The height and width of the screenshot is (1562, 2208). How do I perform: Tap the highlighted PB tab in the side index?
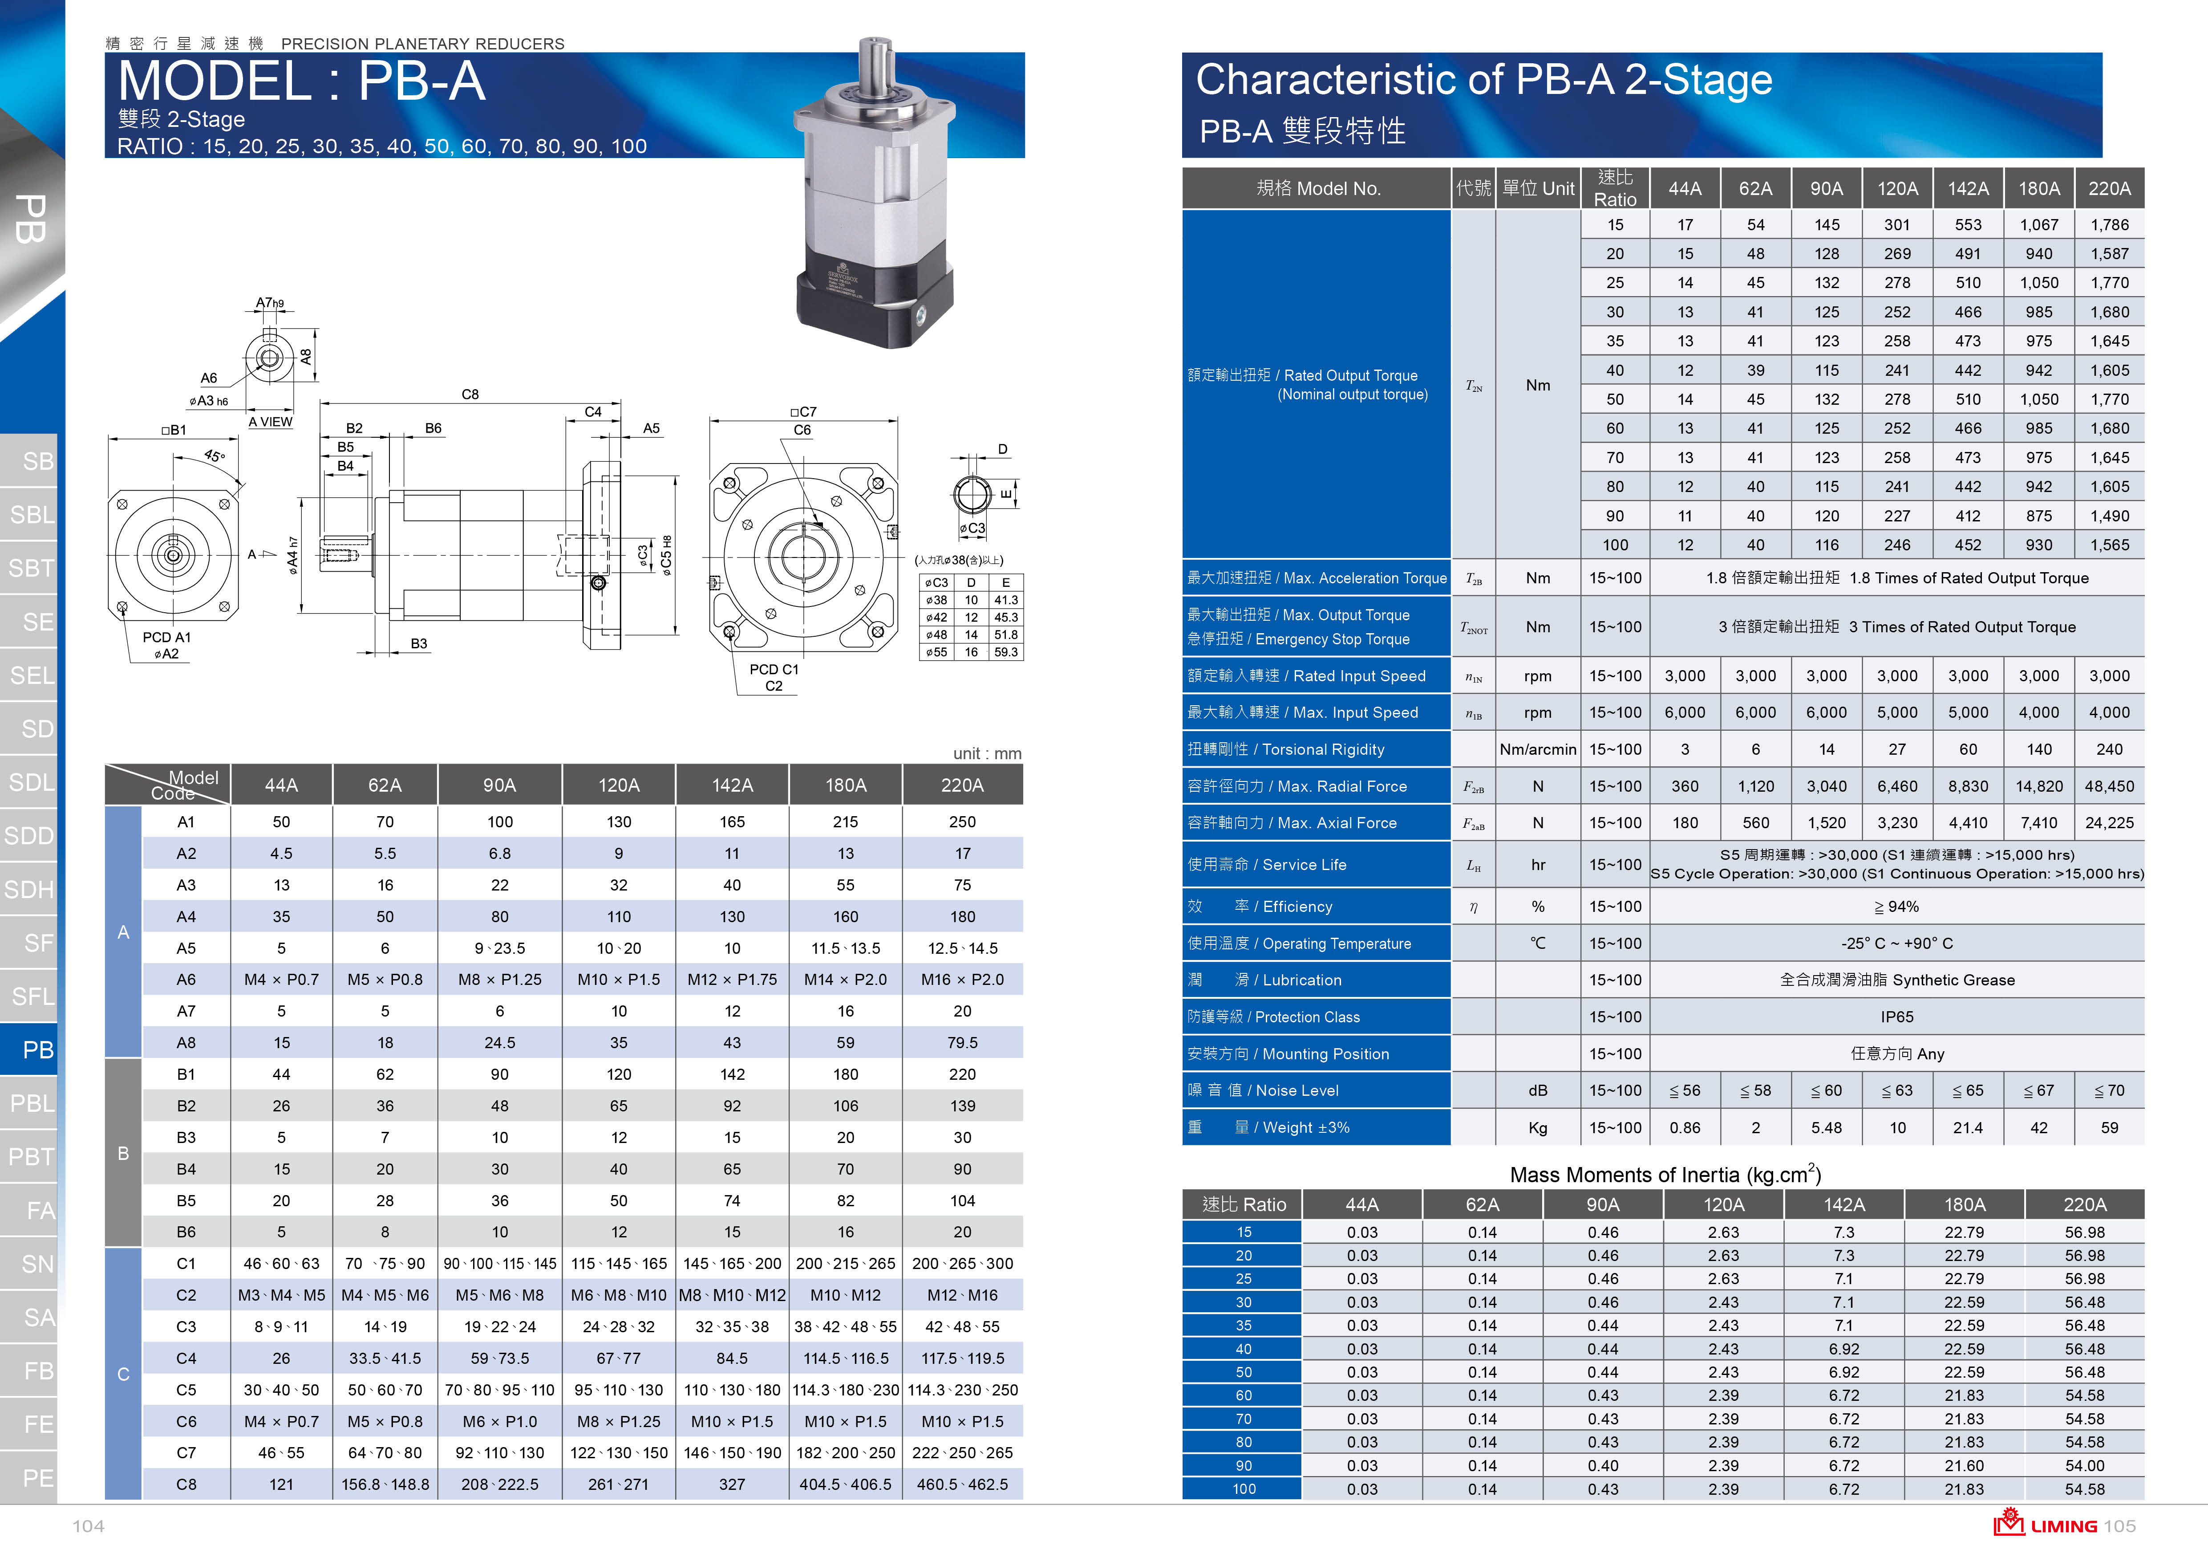(36, 1049)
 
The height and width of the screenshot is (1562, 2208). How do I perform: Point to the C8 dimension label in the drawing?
(469, 395)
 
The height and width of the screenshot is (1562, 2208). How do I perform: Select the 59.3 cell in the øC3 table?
(1006, 652)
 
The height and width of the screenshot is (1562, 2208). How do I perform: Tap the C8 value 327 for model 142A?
(732, 1484)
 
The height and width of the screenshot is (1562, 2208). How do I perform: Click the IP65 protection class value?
(1896, 1017)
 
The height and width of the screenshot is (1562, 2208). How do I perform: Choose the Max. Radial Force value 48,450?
(2109, 786)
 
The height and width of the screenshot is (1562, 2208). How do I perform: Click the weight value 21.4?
(1968, 1127)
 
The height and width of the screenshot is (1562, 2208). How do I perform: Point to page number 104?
(89, 1526)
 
